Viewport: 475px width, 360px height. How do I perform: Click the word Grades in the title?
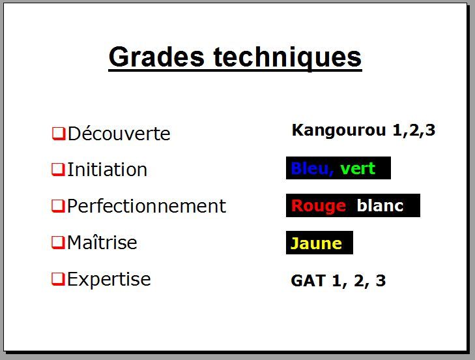tap(156, 57)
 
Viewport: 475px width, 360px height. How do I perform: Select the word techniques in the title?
tap(287, 58)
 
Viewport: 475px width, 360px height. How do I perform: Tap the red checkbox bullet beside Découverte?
tap(59, 134)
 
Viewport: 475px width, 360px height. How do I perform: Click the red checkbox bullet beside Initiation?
tap(58, 170)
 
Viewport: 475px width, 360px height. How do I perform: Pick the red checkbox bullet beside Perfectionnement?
tap(58, 206)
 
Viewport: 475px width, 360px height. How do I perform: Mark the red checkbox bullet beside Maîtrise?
tap(58, 243)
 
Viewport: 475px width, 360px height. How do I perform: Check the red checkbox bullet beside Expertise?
tap(58, 279)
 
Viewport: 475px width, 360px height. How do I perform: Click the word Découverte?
tap(119, 133)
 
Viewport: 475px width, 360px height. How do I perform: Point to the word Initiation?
tap(107, 169)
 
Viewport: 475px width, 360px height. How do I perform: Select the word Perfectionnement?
tap(147, 205)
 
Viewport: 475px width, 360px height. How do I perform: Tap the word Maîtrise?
tap(102, 243)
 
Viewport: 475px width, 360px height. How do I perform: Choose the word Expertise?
tap(109, 279)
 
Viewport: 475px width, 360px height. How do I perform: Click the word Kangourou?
tap(339, 130)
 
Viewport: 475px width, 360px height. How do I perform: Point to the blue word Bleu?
tap(312, 169)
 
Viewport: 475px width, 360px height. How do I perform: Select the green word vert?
tap(358, 169)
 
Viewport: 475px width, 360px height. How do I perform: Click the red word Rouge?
tap(319, 206)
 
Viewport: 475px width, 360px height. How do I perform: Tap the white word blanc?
tap(380, 205)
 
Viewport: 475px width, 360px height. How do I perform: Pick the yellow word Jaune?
tap(316, 243)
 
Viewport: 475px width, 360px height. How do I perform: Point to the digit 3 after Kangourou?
tap(430, 130)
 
